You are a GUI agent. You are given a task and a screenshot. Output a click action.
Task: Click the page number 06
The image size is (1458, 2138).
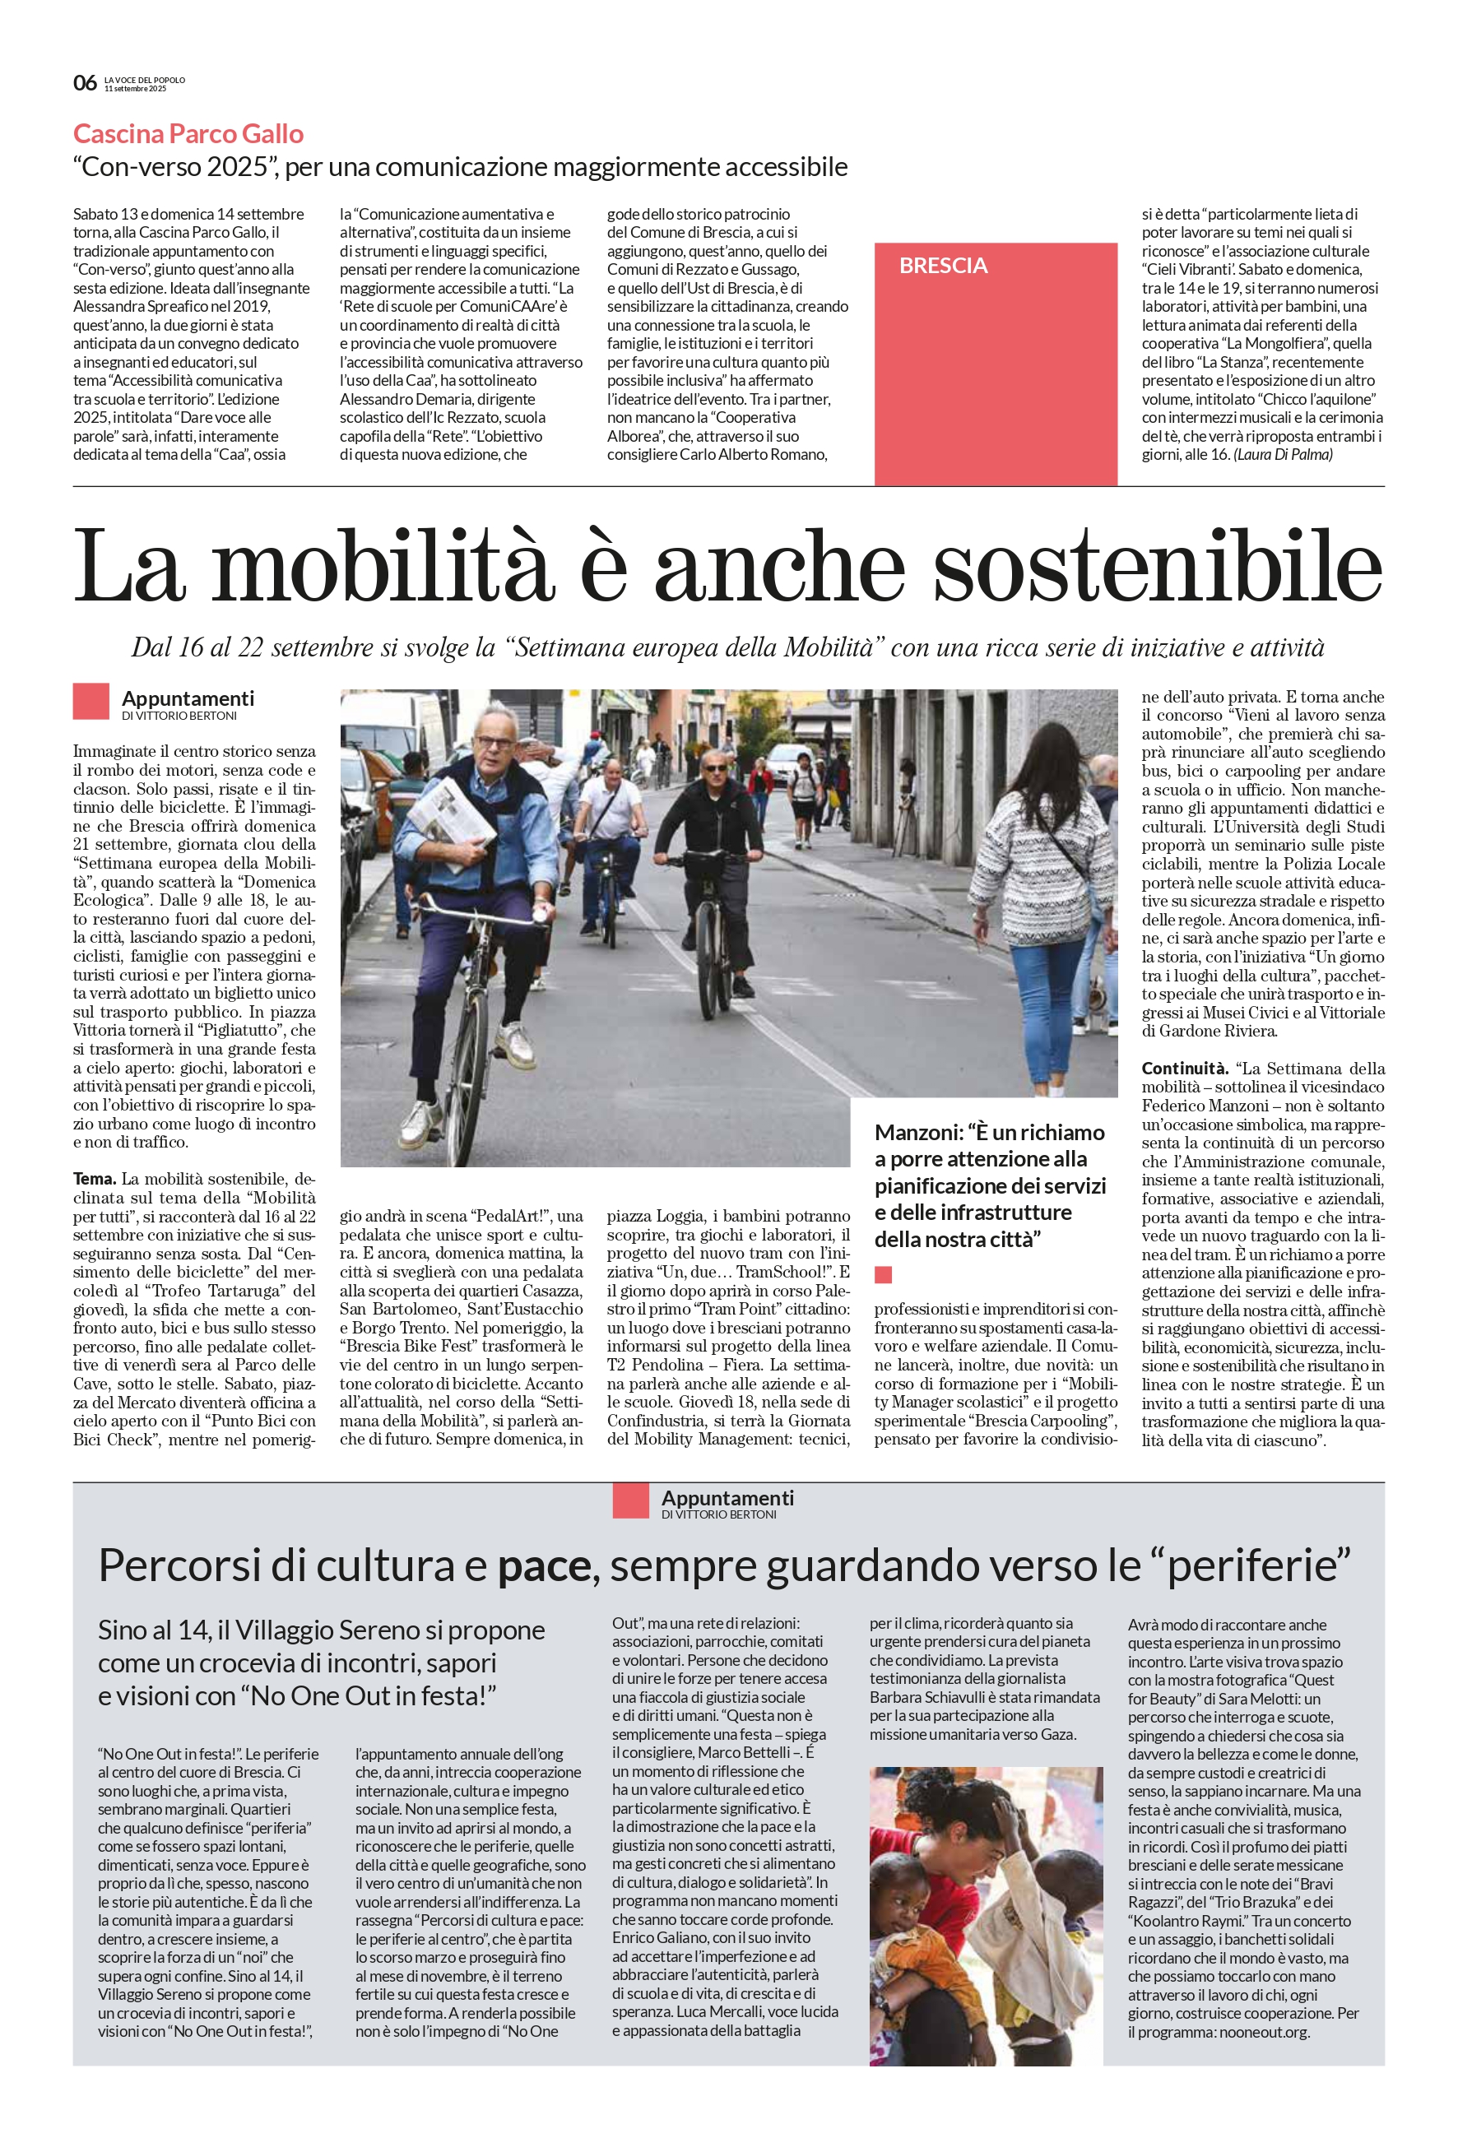(x=85, y=83)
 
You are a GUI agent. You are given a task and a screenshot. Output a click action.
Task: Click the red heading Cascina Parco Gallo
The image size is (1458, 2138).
(x=188, y=134)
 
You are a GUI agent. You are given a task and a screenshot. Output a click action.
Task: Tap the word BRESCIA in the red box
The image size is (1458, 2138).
(x=943, y=266)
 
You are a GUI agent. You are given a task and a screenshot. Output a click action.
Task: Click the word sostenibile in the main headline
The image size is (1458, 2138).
(x=1157, y=566)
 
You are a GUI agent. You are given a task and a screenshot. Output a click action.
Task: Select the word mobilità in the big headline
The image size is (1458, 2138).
(x=383, y=566)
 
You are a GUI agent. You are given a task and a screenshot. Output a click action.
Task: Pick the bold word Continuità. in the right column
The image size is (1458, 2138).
(x=1185, y=1068)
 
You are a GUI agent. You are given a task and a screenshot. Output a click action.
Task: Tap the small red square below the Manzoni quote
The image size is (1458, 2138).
(x=883, y=1274)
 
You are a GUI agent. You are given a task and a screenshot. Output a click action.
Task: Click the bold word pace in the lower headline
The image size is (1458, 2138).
(x=543, y=1565)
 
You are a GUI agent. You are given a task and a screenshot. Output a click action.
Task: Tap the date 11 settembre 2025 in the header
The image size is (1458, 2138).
(x=135, y=89)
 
